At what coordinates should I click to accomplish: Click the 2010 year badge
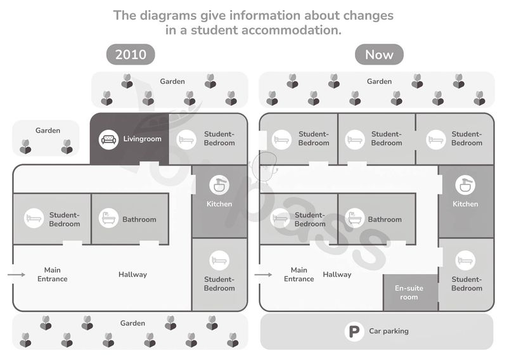pyautogui.click(x=131, y=55)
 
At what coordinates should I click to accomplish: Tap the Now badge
pyautogui.click(x=379, y=55)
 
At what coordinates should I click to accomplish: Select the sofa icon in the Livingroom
pyautogui.click(x=108, y=139)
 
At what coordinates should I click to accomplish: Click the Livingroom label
pyautogui.click(x=142, y=139)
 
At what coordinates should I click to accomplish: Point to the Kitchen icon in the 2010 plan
pyautogui.click(x=219, y=185)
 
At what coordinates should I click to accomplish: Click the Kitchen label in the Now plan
pyautogui.click(x=465, y=204)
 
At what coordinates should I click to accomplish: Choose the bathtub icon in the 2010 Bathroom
pyautogui.click(x=108, y=218)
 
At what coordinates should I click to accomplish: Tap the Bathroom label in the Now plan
pyautogui.click(x=385, y=219)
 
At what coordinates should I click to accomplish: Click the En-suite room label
pyautogui.click(x=409, y=292)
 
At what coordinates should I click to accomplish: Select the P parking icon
pyautogui.click(x=354, y=331)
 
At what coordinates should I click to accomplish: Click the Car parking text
pyautogui.click(x=388, y=331)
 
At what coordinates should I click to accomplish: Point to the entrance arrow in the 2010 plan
pyautogui.click(x=16, y=274)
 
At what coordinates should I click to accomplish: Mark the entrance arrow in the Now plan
pyautogui.click(x=263, y=274)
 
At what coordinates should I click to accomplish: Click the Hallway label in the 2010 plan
pyautogui.click(x=132, y=274)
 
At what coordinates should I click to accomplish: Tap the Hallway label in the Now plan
pyautogui.click(x=337, y=274)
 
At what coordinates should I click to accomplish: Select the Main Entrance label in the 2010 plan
pyautogui.click(x=53, y=274)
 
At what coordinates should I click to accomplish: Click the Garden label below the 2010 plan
pyautogui.click(x=132, y=323)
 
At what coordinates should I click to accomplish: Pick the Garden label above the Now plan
pyautogui.click(x=379, y=81)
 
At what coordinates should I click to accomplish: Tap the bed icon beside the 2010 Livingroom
pyautogui.click(x=186, y=139)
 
